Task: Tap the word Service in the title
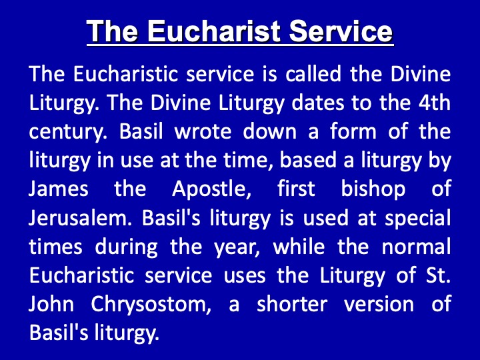tap(341, 31)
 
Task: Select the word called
tap(313, 74)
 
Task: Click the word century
tap(68, 132)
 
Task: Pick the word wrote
tap(203, 131)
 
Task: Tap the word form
tap(353, 131)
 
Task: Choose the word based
tap(308, 160)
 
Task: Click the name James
tap(59, 189)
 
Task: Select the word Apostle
tap(211, 189)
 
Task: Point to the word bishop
tap(373, 189)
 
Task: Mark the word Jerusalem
tap(80, 217)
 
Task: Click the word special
tap(417, 218)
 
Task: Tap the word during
tap(126, 247)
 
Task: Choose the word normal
tap(416, 246)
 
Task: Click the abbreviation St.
tap(438, 275)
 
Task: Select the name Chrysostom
tap(151, 305)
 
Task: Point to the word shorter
tap(292, 304)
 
